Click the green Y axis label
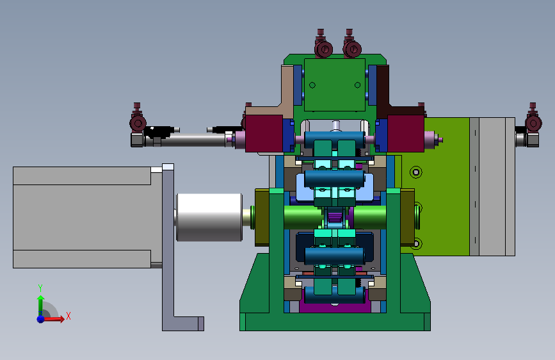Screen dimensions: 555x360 coord(40,288)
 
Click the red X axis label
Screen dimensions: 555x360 coord(68,316)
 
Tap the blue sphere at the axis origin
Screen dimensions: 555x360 coord(41,319)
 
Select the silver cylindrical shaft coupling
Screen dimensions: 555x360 coord(209,217)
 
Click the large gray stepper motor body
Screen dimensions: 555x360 coord(88,217)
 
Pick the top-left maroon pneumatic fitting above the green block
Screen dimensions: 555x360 coord(323,44)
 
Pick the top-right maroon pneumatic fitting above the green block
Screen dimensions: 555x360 coord(351,44)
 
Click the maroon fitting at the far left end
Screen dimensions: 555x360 coord(138,118)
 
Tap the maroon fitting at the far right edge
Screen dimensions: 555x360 coord(533,118)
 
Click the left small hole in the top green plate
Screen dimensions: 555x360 coord(312,85)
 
